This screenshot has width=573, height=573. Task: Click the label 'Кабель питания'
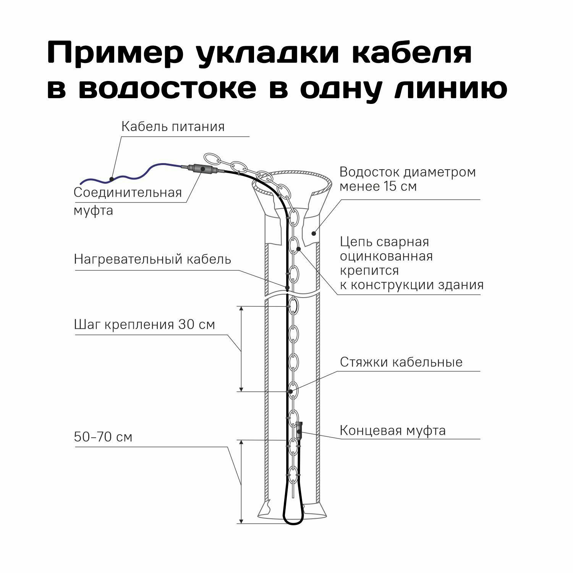click(173, 126)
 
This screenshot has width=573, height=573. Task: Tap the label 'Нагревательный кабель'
click(152, 259)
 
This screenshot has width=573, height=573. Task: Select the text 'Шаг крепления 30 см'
click(144, 325)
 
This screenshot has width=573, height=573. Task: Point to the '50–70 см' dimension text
click(103, 437)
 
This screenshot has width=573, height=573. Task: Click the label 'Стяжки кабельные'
click(401, 362)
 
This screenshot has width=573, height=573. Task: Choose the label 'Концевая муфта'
click(393, 431)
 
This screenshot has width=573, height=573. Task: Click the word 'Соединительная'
click(128, 192)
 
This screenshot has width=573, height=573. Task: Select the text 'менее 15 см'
click(378, 186)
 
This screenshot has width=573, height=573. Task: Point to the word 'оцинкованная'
click(386, 256)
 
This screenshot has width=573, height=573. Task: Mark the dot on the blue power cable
click(111, 178)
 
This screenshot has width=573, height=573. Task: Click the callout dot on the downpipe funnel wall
click(313, 233)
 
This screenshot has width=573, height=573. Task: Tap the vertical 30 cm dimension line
click(241, 349)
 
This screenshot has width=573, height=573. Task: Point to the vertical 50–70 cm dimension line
click(241, 481)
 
